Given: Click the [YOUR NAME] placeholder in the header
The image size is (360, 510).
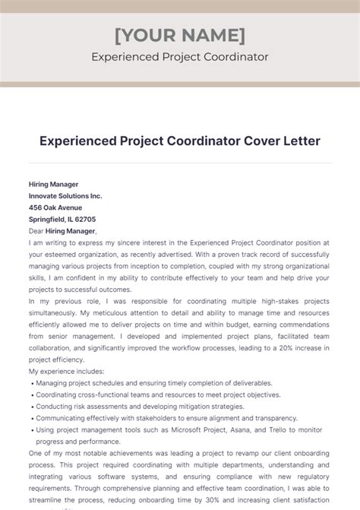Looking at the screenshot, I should (179, 35).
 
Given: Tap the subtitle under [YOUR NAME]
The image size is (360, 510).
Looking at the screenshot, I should (179, 57).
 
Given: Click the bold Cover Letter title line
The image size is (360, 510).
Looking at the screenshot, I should (179, 141).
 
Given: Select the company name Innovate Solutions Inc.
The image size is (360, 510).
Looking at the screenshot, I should (65, 195).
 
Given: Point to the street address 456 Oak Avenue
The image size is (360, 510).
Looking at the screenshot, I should (56, 207).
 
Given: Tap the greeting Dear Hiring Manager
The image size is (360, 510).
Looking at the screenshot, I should (63, 231).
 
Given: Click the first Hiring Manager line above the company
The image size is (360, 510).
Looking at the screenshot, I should (54, 184).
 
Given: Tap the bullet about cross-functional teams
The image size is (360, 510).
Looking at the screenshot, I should (158, 395).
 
